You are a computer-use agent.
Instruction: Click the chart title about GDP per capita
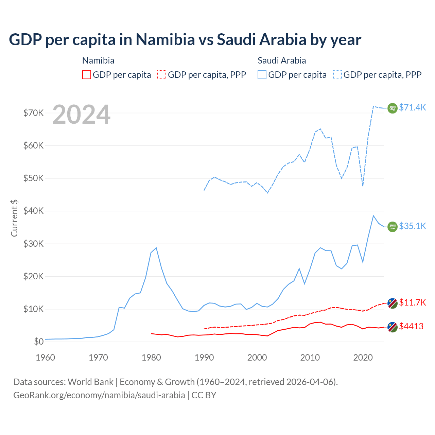[x=185, y=40]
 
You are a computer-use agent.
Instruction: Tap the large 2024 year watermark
[x=82, y=115]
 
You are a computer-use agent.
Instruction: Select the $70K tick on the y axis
[x=34, y=113]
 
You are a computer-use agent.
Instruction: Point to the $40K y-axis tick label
[x=34, y=211]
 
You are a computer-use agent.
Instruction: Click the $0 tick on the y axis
[x=39, y=342]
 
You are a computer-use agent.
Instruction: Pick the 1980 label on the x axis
[x=151, y=358]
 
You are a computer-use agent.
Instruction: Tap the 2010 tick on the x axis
[x=310, y=358]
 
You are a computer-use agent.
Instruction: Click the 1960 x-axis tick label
[x=46, y=358]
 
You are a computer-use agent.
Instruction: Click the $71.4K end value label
[x=412, y=108]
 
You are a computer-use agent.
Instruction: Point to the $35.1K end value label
[x=412, y=226]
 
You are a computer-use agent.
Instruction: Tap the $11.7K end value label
[x=412, y=303]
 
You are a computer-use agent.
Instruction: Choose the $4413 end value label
[x=411, y=327]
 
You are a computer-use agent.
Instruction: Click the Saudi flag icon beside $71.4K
[x=393, y=108]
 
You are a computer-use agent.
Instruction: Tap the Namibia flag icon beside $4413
[x=393, y=327]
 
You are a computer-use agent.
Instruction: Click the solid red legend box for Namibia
[x=87, y=75]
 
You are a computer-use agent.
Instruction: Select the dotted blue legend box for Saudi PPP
[x=337, y=75]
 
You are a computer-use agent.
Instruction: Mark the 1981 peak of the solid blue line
[x=156, y=248]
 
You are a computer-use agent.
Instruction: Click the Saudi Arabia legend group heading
[x=282, y=60]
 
